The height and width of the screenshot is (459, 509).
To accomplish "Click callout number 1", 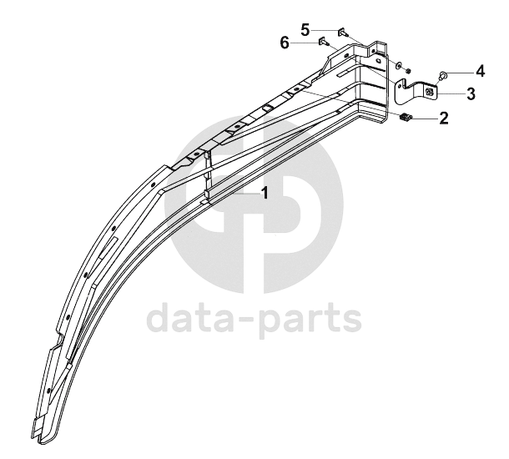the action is tap(265, 193).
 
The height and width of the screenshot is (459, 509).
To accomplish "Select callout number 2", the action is tap(443, 118).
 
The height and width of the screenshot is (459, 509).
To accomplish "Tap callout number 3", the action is tap(471, 93).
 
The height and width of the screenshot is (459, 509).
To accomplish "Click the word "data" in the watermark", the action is tap(189, 316).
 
